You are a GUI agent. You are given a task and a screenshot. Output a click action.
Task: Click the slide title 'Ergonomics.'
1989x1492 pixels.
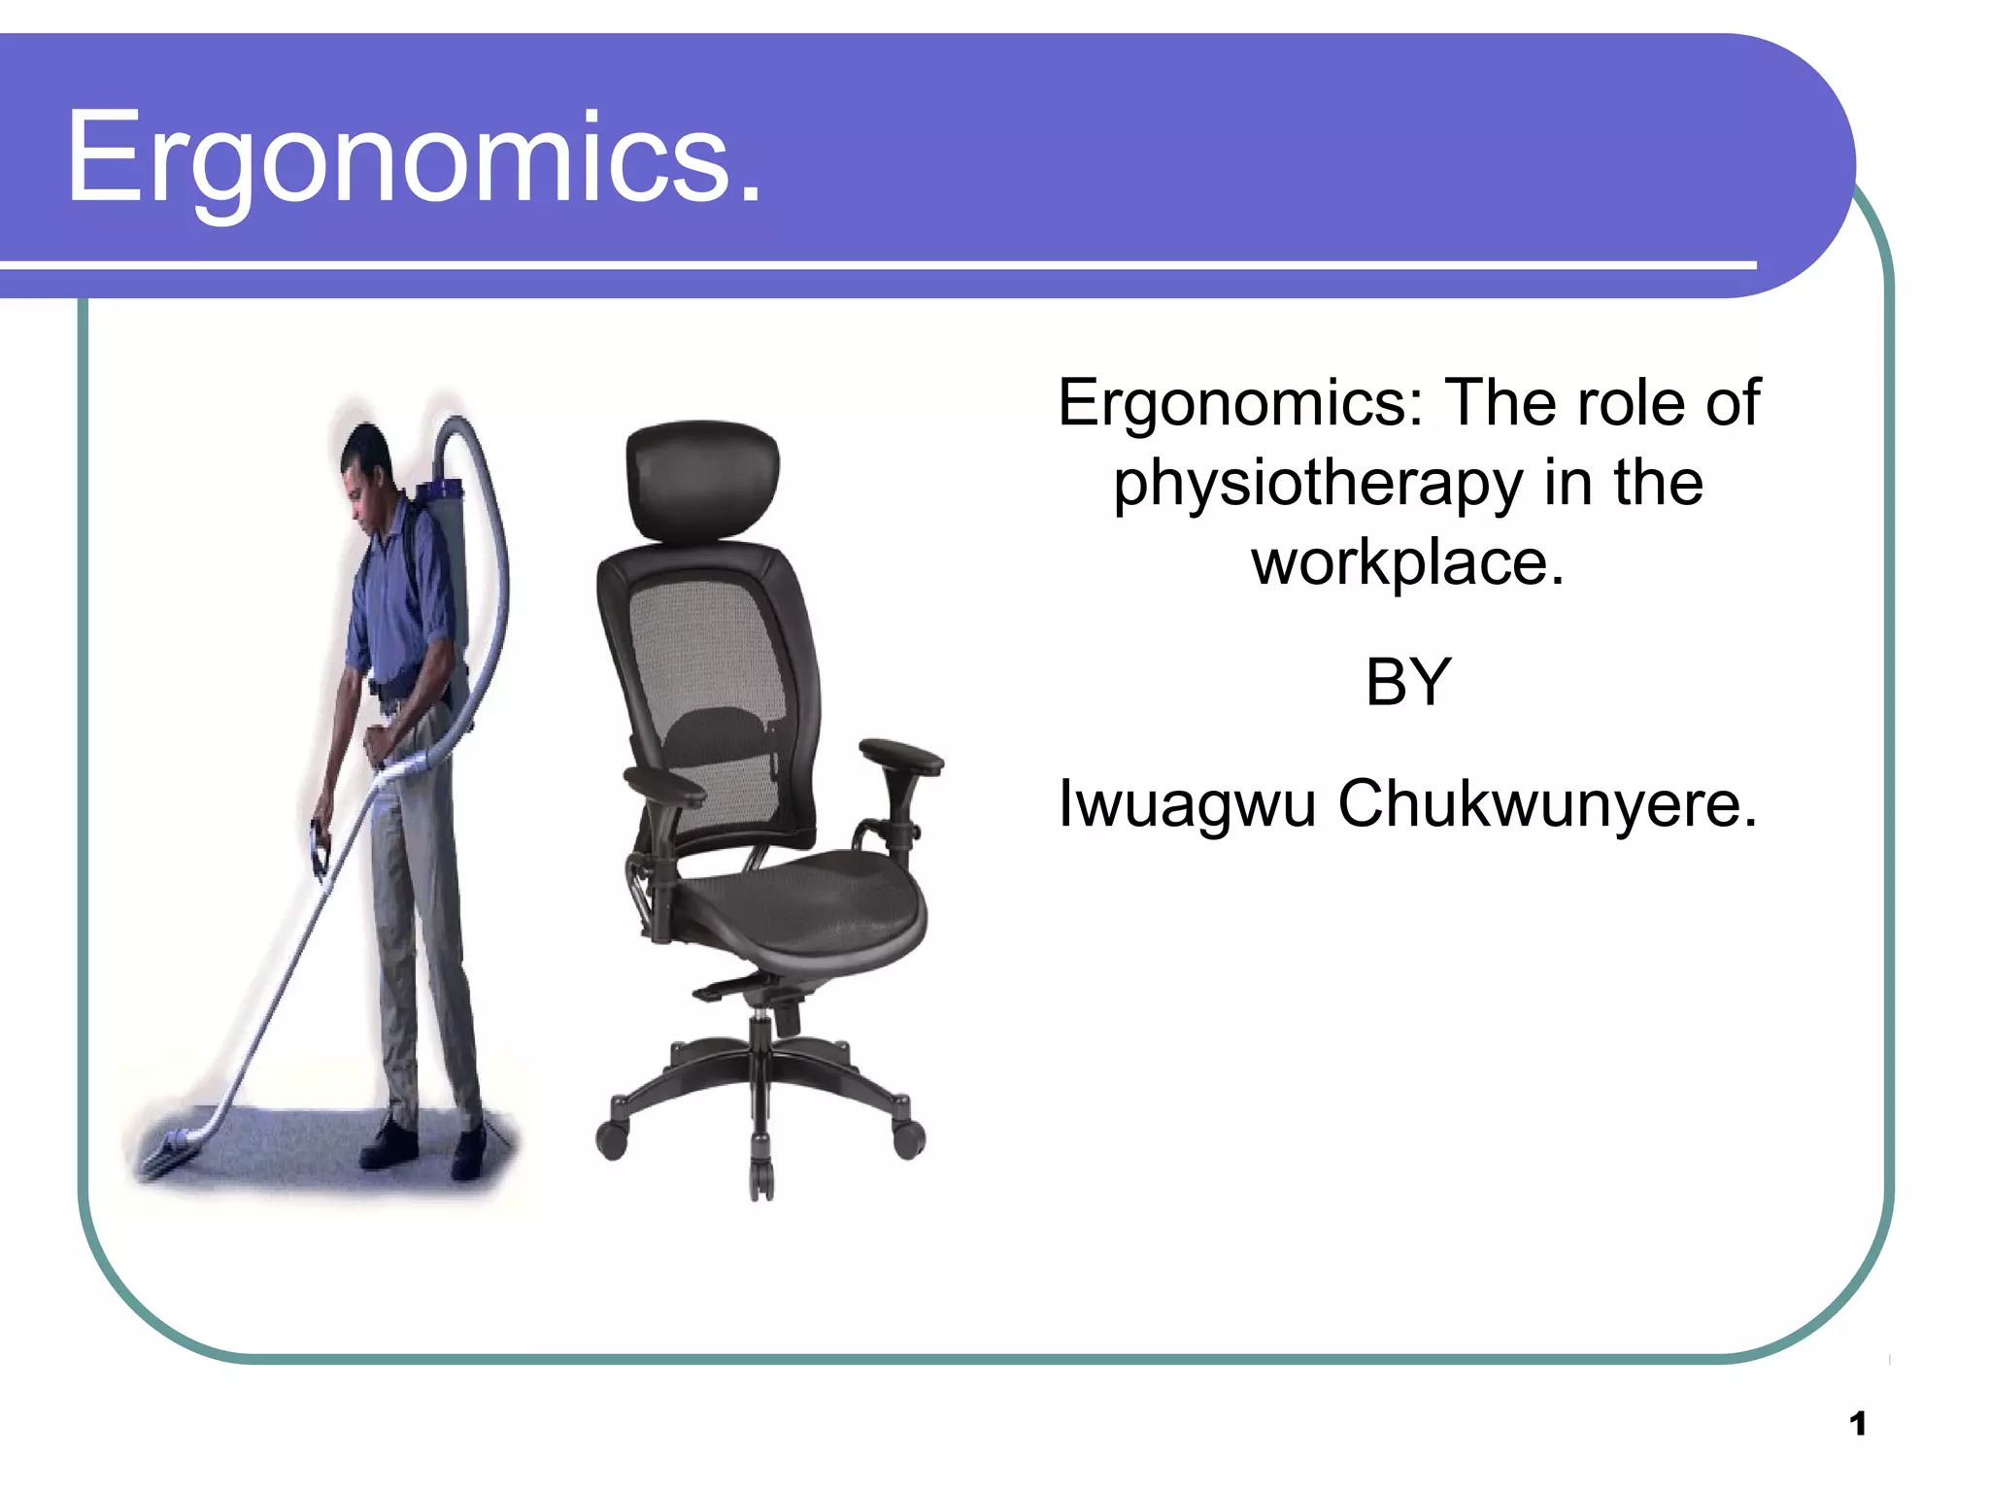[x=413, y=158]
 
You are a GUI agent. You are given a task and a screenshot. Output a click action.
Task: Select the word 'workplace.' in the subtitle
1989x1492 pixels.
[x=1407, y=563]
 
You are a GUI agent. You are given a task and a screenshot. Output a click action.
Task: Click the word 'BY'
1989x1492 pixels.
[x=1407, y=682]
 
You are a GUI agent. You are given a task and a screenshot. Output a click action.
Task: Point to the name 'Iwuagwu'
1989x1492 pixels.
[x=1186, y=804]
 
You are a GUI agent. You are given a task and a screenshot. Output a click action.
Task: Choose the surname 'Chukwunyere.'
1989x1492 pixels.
[x=1547, y=804]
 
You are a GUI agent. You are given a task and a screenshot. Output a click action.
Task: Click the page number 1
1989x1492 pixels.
[x=1857, y=1424]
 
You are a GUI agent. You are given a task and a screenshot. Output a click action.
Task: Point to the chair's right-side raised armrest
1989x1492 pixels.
[x=900, y=755]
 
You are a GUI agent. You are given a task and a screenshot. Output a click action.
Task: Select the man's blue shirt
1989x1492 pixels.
[x=398, y=602]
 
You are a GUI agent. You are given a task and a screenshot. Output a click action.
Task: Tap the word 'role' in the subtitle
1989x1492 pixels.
[x=1633, y=403]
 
